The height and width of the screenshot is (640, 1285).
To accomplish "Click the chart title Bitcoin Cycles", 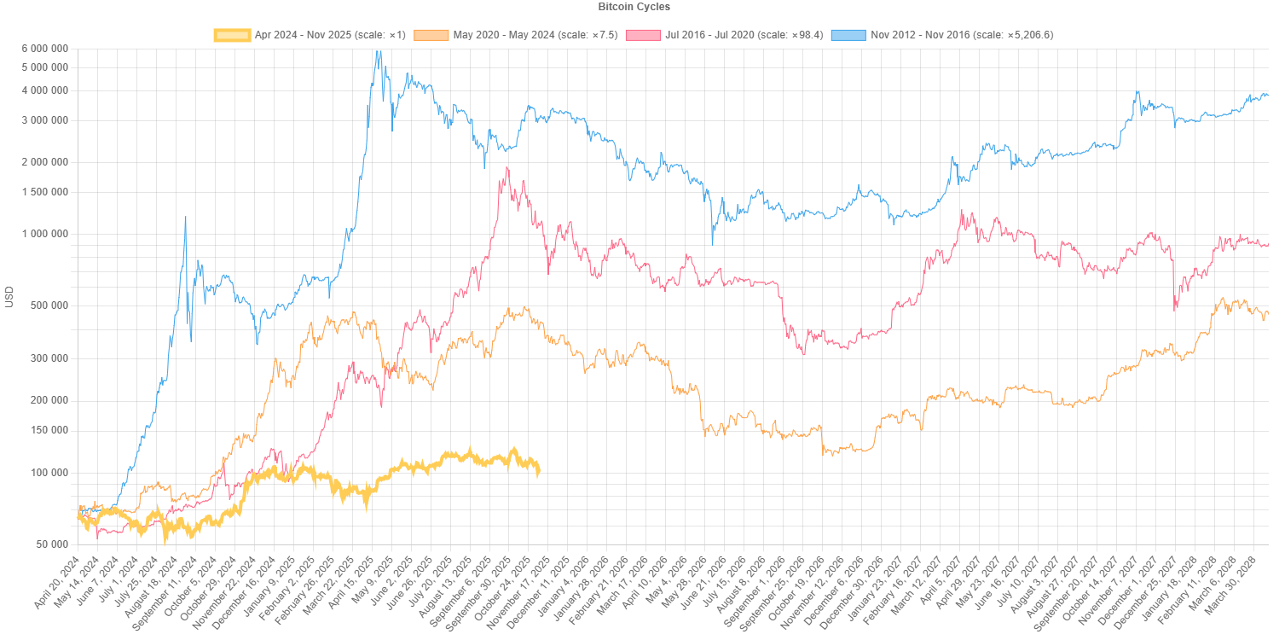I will (x=634, y=7).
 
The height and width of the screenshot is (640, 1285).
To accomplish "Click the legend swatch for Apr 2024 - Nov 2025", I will (x=232, y=35).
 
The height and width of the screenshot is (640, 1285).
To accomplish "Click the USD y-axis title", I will (x=10, y=296).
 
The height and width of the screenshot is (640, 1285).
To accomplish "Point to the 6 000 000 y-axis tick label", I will (x=46, y=49).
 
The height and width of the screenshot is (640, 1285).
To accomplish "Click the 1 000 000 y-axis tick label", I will (x=46, y=234).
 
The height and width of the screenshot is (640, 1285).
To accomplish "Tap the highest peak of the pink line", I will (x=507, y=168).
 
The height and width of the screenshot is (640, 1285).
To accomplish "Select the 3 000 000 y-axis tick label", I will (x=46, y=120).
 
